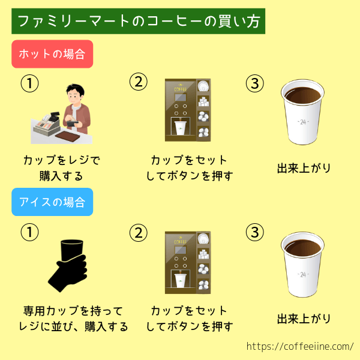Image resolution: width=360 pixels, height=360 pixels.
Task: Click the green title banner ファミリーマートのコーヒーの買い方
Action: coord(138,21)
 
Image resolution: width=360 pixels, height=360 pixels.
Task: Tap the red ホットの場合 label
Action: coord(52,54)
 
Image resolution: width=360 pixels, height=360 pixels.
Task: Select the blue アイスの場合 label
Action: coord(52,202)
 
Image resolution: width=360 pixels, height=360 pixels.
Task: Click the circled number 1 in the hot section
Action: coord(29,83)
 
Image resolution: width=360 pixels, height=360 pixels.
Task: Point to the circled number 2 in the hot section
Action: coord(139,82)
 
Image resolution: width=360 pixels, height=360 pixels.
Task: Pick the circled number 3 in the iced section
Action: coord(255,232)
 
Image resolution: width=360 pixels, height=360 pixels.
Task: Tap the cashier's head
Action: coord(75,94)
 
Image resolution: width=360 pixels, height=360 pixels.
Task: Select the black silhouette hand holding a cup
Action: coord(68,266)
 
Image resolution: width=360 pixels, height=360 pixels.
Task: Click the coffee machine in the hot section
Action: coord(188,110)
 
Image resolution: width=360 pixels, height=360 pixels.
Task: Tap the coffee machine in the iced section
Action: coord(188,262)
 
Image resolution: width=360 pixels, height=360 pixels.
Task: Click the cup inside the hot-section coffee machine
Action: coord(180,128)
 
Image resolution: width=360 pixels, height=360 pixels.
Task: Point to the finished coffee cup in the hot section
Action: coord(302,112)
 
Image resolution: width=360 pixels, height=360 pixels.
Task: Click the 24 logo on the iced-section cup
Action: coord(303,274)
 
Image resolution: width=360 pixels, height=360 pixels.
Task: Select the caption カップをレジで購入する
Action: coord(62,168)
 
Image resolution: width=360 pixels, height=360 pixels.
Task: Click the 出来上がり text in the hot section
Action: coord(304,168)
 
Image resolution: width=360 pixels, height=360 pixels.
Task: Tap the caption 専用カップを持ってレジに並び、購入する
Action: coord(73,319)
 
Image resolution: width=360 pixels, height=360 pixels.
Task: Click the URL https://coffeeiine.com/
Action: coord(300,346)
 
